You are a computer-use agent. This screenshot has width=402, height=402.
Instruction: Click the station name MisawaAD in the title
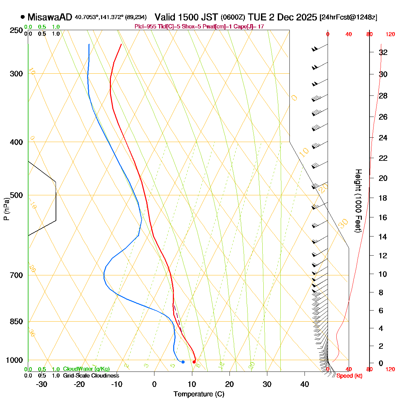[50, 17]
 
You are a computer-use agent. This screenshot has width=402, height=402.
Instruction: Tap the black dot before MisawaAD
[23, 17]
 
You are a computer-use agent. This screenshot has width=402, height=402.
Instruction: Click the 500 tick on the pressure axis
[16, 195]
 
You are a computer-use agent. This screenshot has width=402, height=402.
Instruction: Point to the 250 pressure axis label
[16, 30]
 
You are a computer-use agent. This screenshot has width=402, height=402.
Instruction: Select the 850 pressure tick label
[16, 322]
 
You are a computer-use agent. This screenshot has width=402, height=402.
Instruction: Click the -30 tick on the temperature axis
[42, 384]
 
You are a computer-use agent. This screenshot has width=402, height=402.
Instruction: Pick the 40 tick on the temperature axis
[305, 384]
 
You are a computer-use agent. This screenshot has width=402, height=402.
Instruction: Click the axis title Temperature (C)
[199, 394]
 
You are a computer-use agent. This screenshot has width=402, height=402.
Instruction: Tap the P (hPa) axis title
[6, 209]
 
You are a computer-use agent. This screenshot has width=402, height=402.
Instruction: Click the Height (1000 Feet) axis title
[358, 201]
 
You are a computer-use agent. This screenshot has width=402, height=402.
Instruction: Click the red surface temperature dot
[194, 362]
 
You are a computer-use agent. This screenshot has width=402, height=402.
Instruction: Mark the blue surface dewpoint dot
[183, 362]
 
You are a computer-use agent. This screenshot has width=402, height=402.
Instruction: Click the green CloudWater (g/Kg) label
[86, 369]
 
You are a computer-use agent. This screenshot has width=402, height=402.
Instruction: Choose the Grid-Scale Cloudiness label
[91, 376]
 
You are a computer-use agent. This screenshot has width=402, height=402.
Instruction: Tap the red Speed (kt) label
[349, 376]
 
